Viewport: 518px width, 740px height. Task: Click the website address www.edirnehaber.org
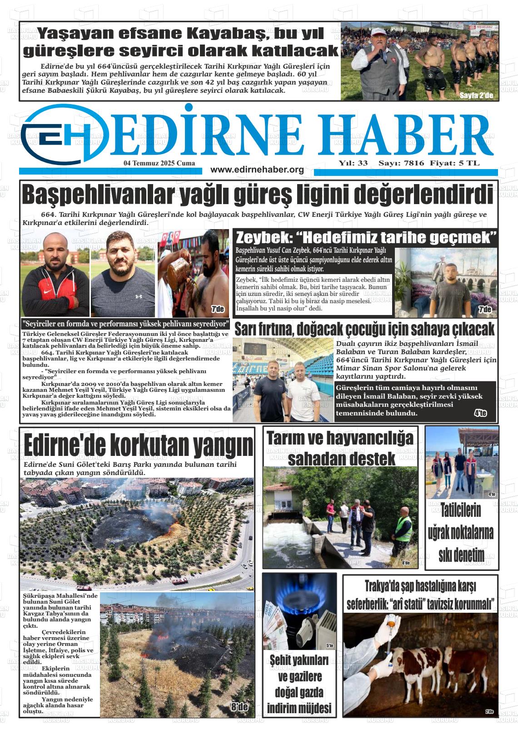pyautogui.click(x=257, y=170)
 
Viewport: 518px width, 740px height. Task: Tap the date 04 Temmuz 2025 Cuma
pyautogui.click(x=159, y=163)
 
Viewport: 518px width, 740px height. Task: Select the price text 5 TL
pyautogui.click(x=469, y=163)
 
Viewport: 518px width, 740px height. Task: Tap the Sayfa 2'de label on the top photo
pyautogui.click(x=476, y=95)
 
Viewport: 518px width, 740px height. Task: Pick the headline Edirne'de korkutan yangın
pyautogui.click(x=138, y=445)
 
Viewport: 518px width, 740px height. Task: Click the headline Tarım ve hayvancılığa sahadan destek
pyautogui.click(x=340, y=448)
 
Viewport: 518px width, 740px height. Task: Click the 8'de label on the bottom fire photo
pyautogui.click(x=239, y=707)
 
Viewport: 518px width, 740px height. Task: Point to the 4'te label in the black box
pyautogui.click(x=480, y=413)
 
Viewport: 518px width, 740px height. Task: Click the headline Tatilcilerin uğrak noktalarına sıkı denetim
pyautogui.click(x=460, y=532)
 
